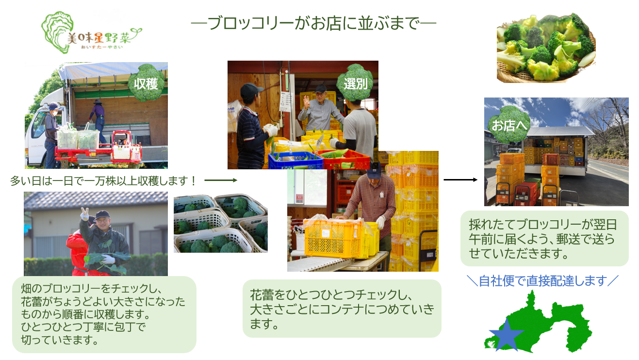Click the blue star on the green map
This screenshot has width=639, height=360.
tap(506, 335)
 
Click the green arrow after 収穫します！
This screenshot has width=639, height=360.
tap(221, 180)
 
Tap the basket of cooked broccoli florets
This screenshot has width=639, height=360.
tap(545, 49)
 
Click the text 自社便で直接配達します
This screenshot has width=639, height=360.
tap(542, 280)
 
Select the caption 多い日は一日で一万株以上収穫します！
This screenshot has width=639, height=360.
tap(104, 181)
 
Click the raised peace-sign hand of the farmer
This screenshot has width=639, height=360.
tap(84, 213)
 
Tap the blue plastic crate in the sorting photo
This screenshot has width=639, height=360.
tap(295, 160)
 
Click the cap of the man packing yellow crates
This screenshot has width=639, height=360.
tap(374, 169)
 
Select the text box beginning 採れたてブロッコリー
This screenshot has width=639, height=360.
tap(544, 238)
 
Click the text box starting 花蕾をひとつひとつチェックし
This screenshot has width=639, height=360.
tap(342, 309)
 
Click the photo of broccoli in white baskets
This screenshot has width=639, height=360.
tap(220, 224)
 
